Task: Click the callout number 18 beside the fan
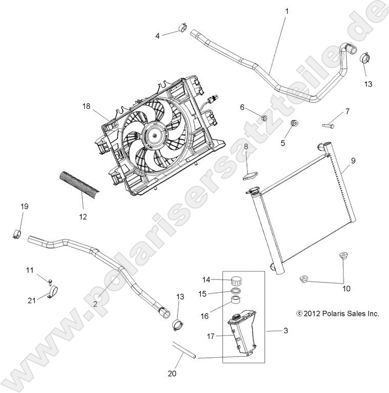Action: (86, 107)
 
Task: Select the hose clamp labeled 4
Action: (181, 29)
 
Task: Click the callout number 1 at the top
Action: (287, 11)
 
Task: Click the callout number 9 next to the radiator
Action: (353, 160)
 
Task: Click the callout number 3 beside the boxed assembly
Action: (285, 331)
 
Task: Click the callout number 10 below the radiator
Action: (347, 289)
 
